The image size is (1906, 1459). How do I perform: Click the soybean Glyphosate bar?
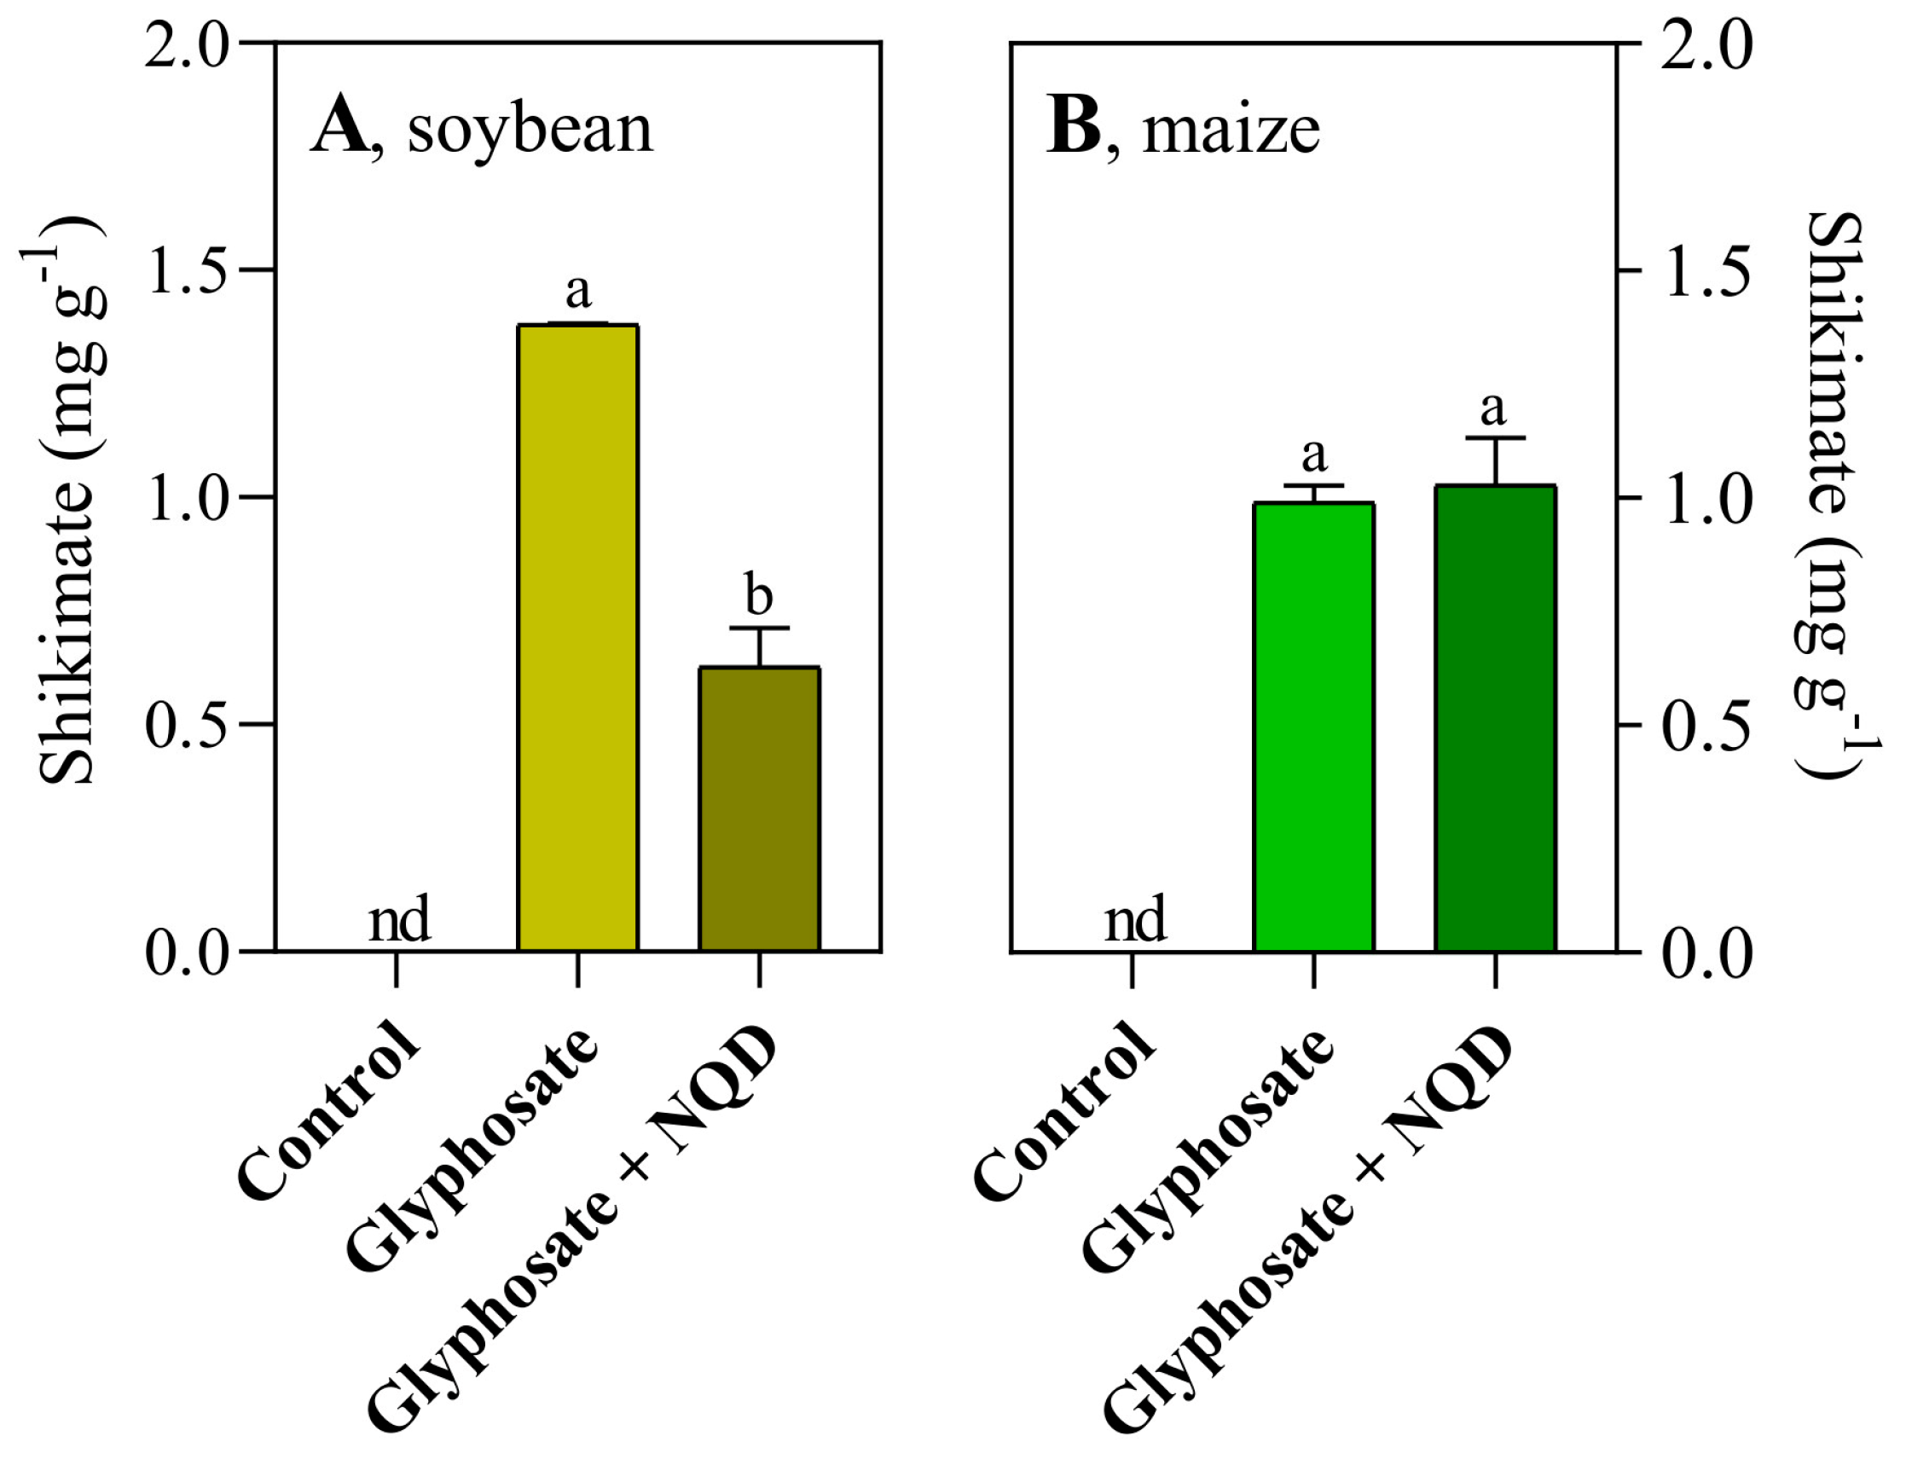[x=577, y=639]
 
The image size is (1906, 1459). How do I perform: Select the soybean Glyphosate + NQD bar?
[x=759, y=808]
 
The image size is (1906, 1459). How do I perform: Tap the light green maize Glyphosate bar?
[x=1313, y=727]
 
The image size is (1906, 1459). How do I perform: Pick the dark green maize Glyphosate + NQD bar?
[x=1494, y=718]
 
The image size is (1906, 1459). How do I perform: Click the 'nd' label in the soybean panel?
[x=398, y=921]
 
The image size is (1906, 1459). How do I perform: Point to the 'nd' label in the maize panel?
[x=1134, y=921]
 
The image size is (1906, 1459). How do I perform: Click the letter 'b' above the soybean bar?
[x=758, y=595]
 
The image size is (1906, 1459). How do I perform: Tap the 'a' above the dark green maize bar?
[x=1492, y=408]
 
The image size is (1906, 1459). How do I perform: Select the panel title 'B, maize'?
[x=1183, y=129]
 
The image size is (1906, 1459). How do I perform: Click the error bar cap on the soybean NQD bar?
[x=759, y=627]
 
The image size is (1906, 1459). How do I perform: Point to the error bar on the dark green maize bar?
[x=1495, y=460]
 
